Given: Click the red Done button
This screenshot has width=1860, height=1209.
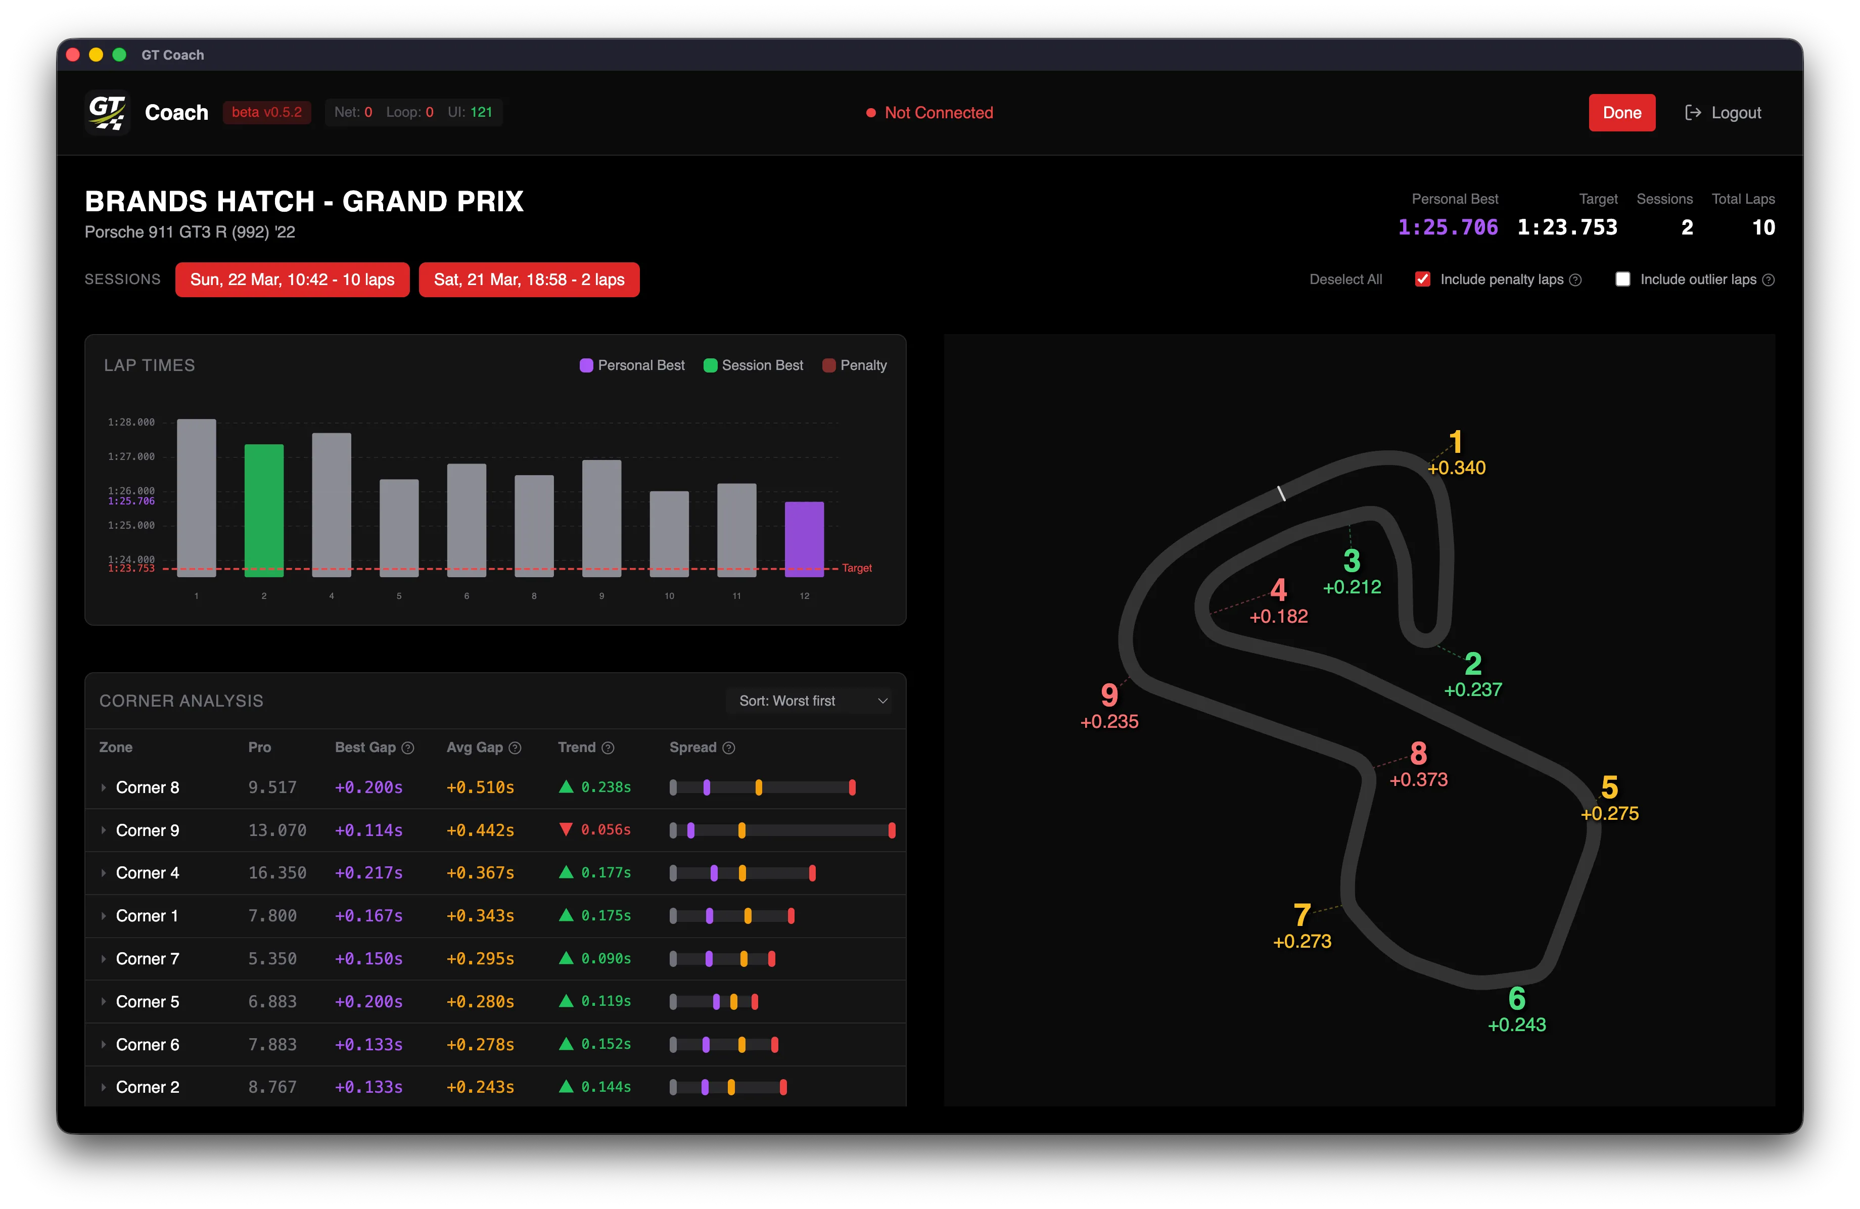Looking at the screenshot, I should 1621,113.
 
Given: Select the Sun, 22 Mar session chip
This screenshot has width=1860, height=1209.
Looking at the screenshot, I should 292,280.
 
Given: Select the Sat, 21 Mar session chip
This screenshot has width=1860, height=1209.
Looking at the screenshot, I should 529,280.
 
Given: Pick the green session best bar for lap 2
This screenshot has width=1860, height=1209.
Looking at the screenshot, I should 264,510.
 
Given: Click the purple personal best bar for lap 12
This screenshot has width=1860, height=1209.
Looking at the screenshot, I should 804,539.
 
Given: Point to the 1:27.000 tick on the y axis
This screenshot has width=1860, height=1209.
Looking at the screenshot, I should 131,456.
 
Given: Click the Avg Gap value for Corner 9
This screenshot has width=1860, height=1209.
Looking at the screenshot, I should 480,830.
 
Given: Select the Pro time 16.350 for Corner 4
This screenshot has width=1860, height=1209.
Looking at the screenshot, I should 276,873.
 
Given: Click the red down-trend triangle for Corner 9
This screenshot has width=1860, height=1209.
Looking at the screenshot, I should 566,829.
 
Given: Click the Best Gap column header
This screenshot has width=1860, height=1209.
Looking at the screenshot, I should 365,747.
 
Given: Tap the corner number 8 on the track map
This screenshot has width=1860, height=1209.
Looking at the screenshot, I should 1418,754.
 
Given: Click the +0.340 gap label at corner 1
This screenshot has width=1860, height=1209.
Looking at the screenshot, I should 1456,468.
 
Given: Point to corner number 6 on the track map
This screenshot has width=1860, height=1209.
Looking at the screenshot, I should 1516,999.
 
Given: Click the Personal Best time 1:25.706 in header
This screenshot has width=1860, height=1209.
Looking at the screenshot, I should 1448,227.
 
